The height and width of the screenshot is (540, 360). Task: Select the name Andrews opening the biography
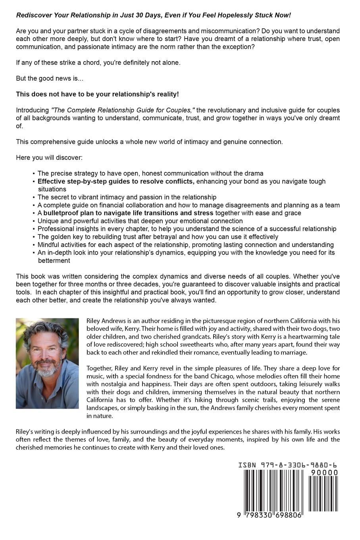[x=115, y=321]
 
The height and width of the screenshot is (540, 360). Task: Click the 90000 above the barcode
[x=324, y=472]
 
